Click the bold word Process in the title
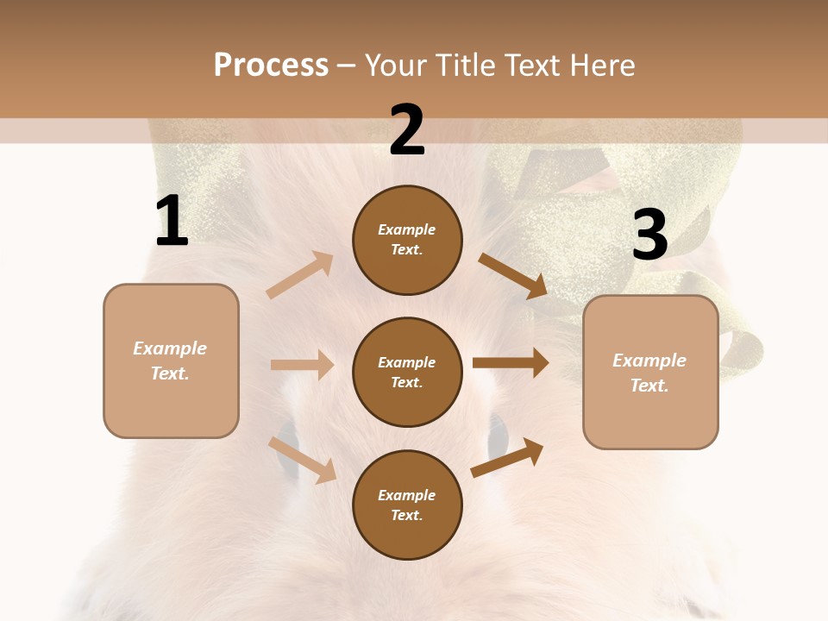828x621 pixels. coord(271,66)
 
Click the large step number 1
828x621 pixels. coord(172,222)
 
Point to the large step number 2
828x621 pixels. coord(407,130)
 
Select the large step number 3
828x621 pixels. coord(649,235)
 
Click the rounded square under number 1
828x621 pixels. coord(171,361)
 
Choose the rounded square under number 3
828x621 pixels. coord(650,373)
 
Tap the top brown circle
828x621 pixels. coord(407,240)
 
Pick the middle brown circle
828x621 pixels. coord(407,372)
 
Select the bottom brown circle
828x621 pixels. coord(407,505)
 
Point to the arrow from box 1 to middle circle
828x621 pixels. coord(302,365)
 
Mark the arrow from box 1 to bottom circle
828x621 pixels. coord(302,459)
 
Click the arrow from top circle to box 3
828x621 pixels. coord(512,275)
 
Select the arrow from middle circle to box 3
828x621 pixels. coord(511,363)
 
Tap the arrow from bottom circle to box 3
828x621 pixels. coord(507,458)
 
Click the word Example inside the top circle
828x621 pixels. coord(407,230)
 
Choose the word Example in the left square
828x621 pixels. coord(170,348)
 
